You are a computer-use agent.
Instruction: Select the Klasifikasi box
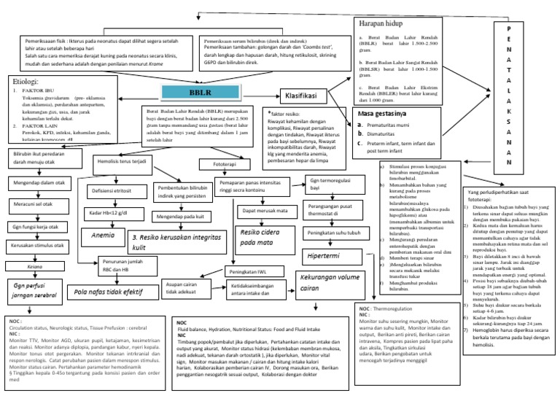305,96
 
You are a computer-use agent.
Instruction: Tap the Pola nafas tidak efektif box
107,292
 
